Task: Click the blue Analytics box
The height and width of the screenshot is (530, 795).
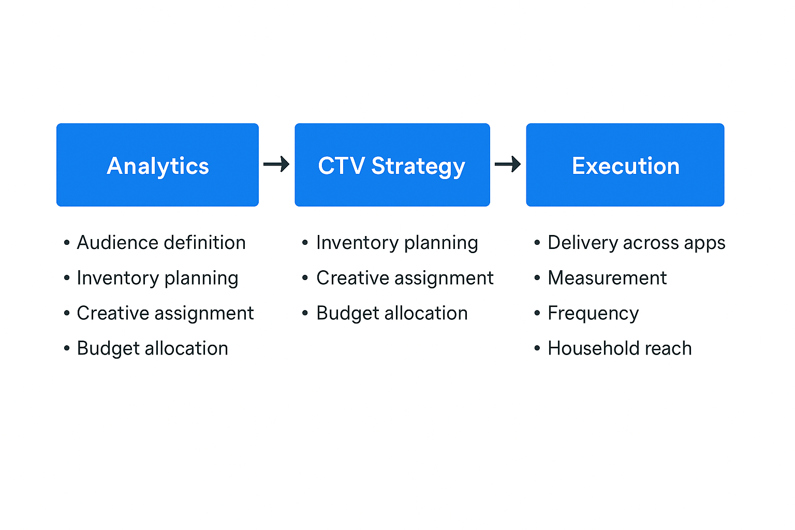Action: pos(157,165)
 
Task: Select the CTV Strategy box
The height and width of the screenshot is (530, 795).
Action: pos(392,165)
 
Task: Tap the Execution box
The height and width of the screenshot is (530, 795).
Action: pos(625,165)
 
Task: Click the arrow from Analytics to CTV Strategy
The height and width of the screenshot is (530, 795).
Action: pos(276,165)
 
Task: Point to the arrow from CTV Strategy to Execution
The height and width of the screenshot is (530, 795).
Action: pos(508,165)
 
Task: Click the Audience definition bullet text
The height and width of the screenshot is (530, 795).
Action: pos(161,243)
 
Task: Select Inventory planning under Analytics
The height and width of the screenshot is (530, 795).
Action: pos(157,278)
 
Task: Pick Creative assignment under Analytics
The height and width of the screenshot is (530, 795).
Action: pos(165,314)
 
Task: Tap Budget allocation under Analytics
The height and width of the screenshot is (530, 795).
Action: pos(152,349)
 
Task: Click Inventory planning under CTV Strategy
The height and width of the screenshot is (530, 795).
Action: pos(397,243)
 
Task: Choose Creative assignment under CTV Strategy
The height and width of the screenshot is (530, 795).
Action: pos(405,278)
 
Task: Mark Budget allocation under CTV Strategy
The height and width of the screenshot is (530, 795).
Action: pos(392,314)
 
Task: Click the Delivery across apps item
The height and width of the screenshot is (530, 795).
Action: pos(636,243)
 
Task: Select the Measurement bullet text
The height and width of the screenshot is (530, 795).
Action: pos(607,278)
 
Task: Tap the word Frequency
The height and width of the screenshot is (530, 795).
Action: pos(593,314)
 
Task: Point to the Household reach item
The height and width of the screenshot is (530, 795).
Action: pos(620,349)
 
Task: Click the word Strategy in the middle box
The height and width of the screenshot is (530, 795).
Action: pos(418,167)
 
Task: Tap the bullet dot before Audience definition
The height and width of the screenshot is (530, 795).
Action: pos(67,243)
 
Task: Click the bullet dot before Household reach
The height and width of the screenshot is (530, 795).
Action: pos(537,348)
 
